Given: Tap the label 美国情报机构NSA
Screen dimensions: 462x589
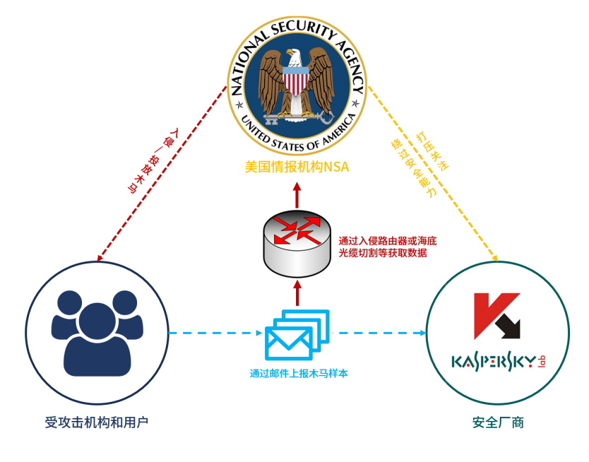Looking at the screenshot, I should (x=297, y=167).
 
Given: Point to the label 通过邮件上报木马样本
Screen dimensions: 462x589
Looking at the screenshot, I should (x=298, y=374).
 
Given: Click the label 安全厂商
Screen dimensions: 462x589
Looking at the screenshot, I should (x=499, y=423).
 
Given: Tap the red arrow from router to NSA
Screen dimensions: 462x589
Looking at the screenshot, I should (x=297, y=195).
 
